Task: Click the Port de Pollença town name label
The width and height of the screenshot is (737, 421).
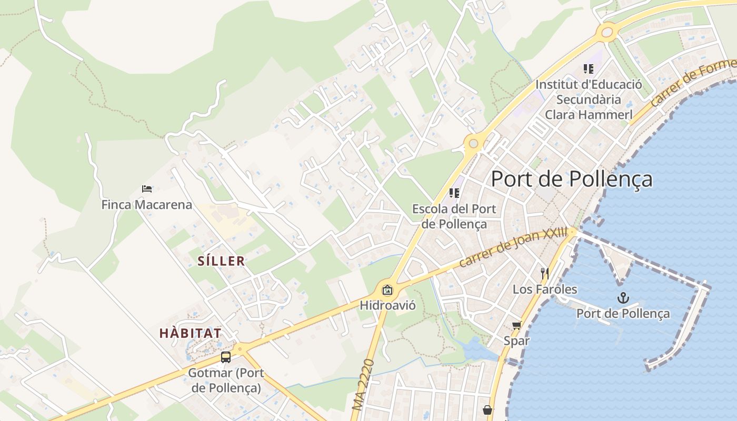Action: pyautogui.click(x=571, y=179)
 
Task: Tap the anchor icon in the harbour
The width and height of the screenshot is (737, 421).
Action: pyautogui.click(x=623, y=298)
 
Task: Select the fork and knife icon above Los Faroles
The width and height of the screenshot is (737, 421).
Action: pyautogui.click(x=545, y=274)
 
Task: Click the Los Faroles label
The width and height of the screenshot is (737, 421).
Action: pyautogui.click(x=545, y=289)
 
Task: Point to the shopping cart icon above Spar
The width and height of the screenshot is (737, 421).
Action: pyautogui.click(x=516, y=326)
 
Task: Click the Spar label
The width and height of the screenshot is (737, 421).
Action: pyautogui.click(x=516, y=341)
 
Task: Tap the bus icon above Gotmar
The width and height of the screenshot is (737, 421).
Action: pyautogui.click(x=226, y=357)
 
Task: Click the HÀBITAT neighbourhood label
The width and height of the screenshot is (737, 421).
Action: pyautogui.click(x=190, y=333)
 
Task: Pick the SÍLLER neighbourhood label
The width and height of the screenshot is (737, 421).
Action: pyautogui.click(x=221, y=260)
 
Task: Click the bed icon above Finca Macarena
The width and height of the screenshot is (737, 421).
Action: pyautogui.click(x=147, y=189)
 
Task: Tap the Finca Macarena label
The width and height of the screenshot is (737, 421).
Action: pyautogui.click(x=147, y=205)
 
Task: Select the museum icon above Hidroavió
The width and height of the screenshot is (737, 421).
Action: pyautogui.click(x=387, y=289)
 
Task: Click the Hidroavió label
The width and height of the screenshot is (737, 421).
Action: pyautogui.click(x=387, y=305)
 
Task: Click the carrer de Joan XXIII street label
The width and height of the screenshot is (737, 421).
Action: pyautogui.click(x=513, y=247)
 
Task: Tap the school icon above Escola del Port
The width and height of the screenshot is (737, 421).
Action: pyautogui.click(x=454, y=193)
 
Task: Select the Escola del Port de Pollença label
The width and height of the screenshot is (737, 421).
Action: pyautogui.click(x=454, y=216)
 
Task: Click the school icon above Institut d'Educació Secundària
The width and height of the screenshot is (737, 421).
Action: pyautogui.click(x=589, y=69)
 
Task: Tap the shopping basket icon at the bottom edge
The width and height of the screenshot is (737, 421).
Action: pyautogui.click(x=487, y=409)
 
